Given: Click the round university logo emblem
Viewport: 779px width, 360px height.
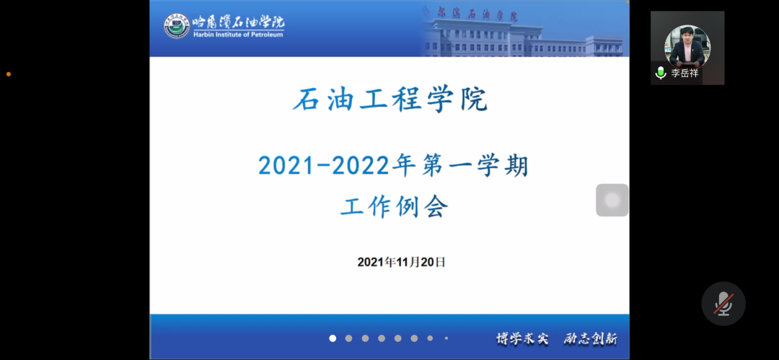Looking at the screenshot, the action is click(177, 26).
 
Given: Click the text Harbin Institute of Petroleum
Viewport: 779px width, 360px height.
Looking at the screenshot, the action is click(238, 35).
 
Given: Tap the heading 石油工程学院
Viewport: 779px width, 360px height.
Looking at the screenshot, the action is click(390, 99).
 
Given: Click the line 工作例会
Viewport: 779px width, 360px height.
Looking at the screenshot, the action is click(395, 206).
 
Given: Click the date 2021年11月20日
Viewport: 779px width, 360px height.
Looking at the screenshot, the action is click(402, 262).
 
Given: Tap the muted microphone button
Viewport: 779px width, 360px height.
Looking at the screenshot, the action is click(723, 303).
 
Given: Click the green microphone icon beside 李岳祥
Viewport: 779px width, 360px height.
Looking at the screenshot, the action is click(661, 73).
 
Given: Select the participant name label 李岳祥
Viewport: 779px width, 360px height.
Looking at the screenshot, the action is click(685, 73).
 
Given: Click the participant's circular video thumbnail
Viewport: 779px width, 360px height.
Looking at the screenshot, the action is click(687, 47).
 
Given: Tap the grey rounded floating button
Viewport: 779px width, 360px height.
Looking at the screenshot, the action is click(612, 200).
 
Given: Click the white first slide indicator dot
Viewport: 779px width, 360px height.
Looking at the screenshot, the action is click(333, 338).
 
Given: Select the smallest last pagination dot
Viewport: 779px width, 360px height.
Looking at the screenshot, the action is click(446, 338).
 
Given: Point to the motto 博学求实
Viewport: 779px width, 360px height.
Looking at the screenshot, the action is click(523, 339).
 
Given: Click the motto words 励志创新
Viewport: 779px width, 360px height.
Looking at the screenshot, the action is click(591, 339).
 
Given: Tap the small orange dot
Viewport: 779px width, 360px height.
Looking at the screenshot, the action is click(9, 74).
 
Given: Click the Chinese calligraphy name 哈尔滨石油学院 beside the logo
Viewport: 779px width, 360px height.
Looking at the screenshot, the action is click(239, 22).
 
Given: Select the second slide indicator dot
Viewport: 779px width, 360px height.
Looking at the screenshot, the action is click(349, 338).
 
